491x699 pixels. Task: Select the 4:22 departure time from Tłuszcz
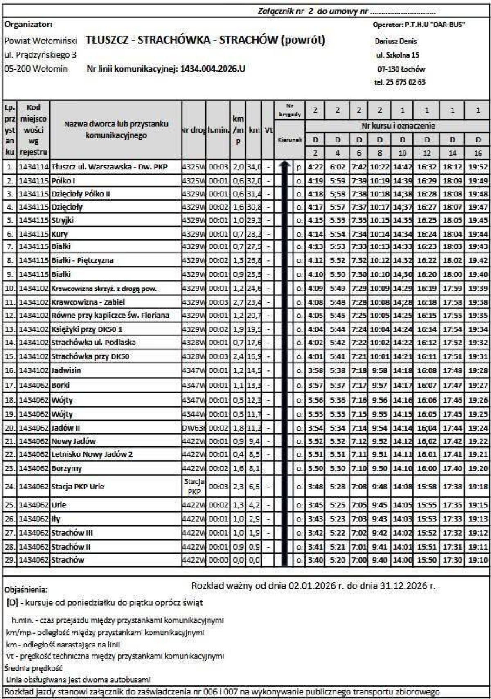(315, 167)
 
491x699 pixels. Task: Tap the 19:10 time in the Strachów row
(478, 560)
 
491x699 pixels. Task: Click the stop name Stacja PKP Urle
(78, 487)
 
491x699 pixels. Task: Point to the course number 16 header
(478, 153)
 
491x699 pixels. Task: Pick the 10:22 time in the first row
(380, 167)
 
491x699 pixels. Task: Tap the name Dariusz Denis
(396, 41)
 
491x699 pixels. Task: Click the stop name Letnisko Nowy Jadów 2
(92, 454)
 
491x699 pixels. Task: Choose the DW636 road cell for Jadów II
(194, 428)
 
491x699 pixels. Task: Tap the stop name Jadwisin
(66, 370)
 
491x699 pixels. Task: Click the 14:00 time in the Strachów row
(403, 560)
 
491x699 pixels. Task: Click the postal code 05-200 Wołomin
(36, 69)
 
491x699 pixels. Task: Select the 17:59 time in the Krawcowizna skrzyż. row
(452, 289)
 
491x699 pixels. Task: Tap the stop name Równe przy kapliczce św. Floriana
(110, 316)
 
